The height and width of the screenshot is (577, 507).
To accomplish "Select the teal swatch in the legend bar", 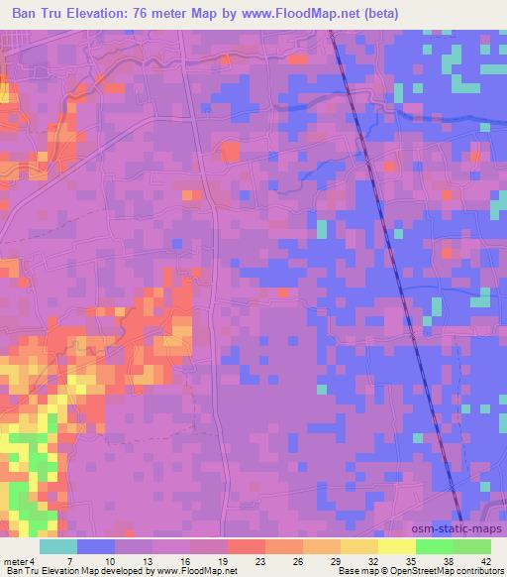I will click(58, 546).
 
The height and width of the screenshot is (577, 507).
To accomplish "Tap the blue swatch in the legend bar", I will click(96, 546).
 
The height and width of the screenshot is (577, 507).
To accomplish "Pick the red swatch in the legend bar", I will click(247, 546).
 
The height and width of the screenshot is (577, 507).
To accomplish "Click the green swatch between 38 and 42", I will click(472, 546).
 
